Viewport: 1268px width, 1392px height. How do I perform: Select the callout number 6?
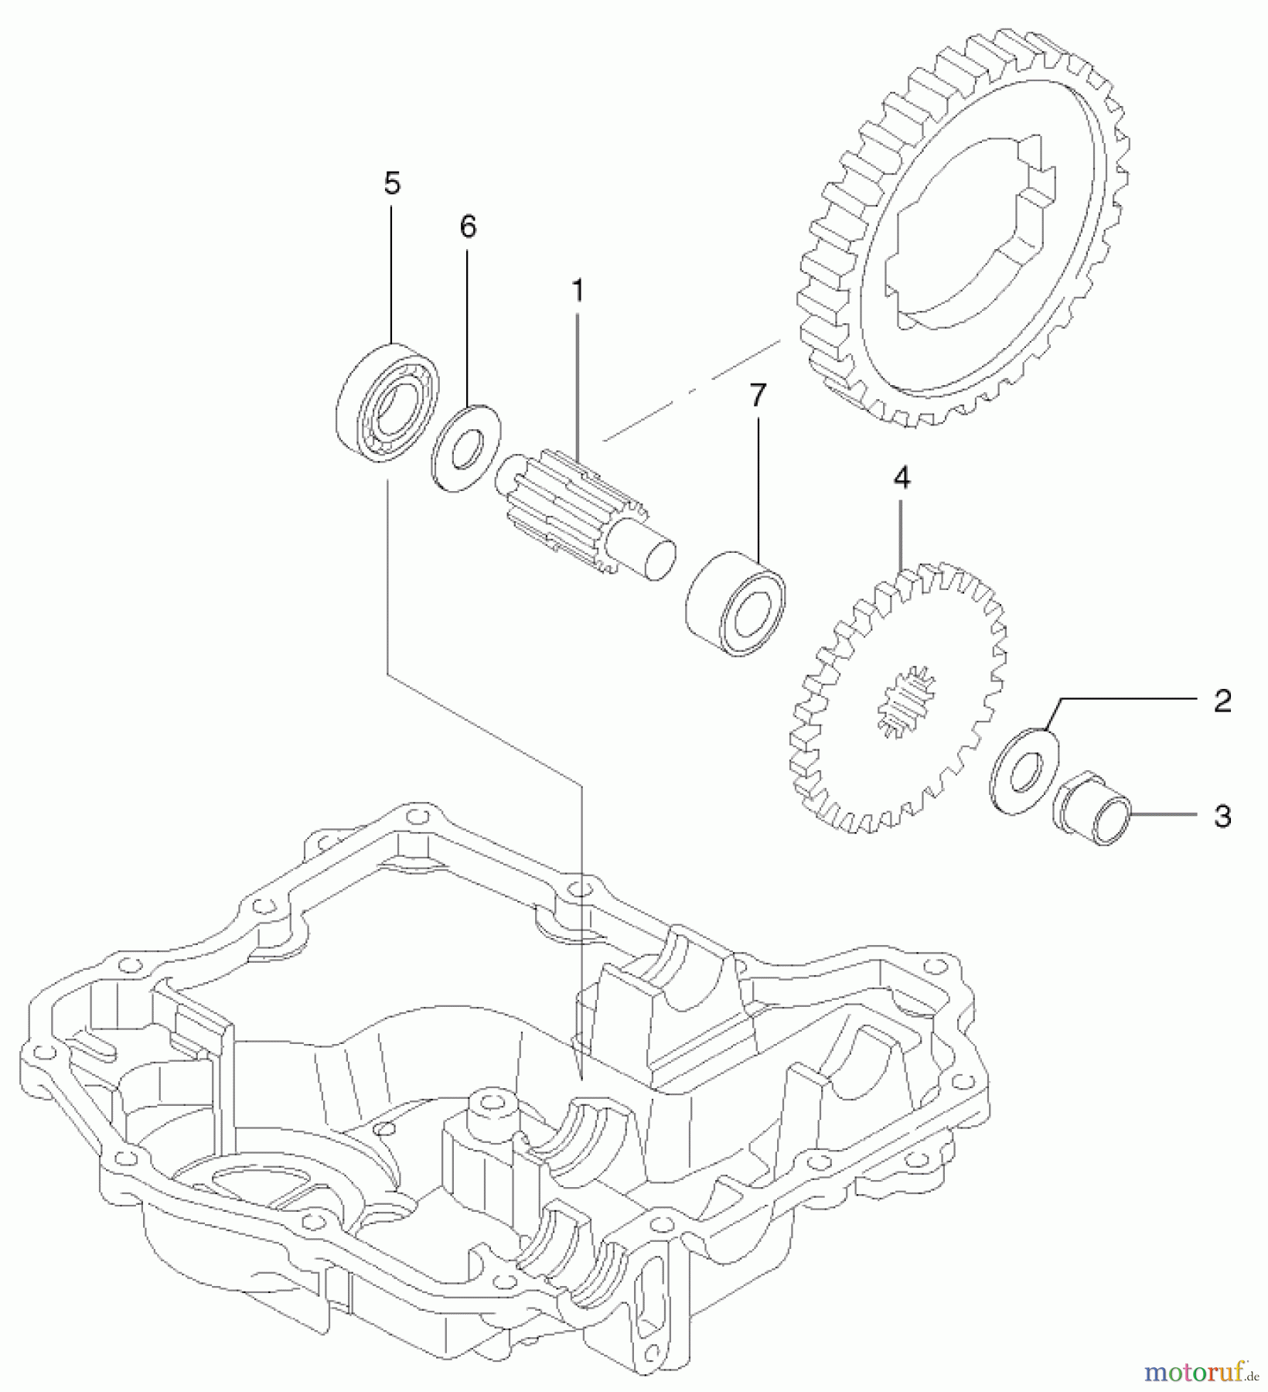point(468,227)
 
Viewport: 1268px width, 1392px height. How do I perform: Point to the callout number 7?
point(758,396)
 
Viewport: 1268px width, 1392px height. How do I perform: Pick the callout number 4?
point(902,479)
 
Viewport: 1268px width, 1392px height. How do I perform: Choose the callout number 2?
point(1222,701)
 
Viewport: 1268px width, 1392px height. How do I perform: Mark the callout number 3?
point(1222,817)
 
